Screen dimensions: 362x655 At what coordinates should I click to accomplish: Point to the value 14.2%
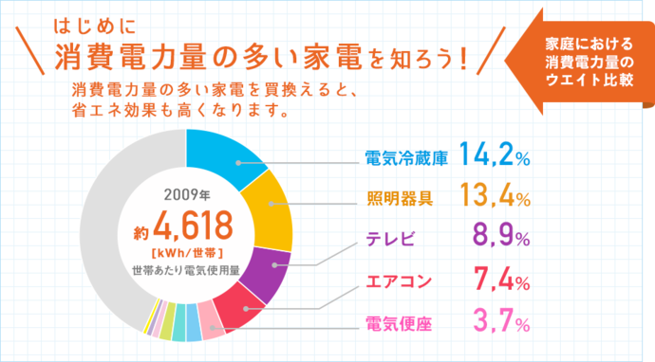(x=494, y=154)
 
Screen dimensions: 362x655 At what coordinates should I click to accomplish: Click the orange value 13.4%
(x=494, y=196)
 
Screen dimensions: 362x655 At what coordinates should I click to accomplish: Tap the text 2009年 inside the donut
(x=185, y=196)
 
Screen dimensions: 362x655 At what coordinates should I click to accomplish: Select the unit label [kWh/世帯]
(x=187, y=252)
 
